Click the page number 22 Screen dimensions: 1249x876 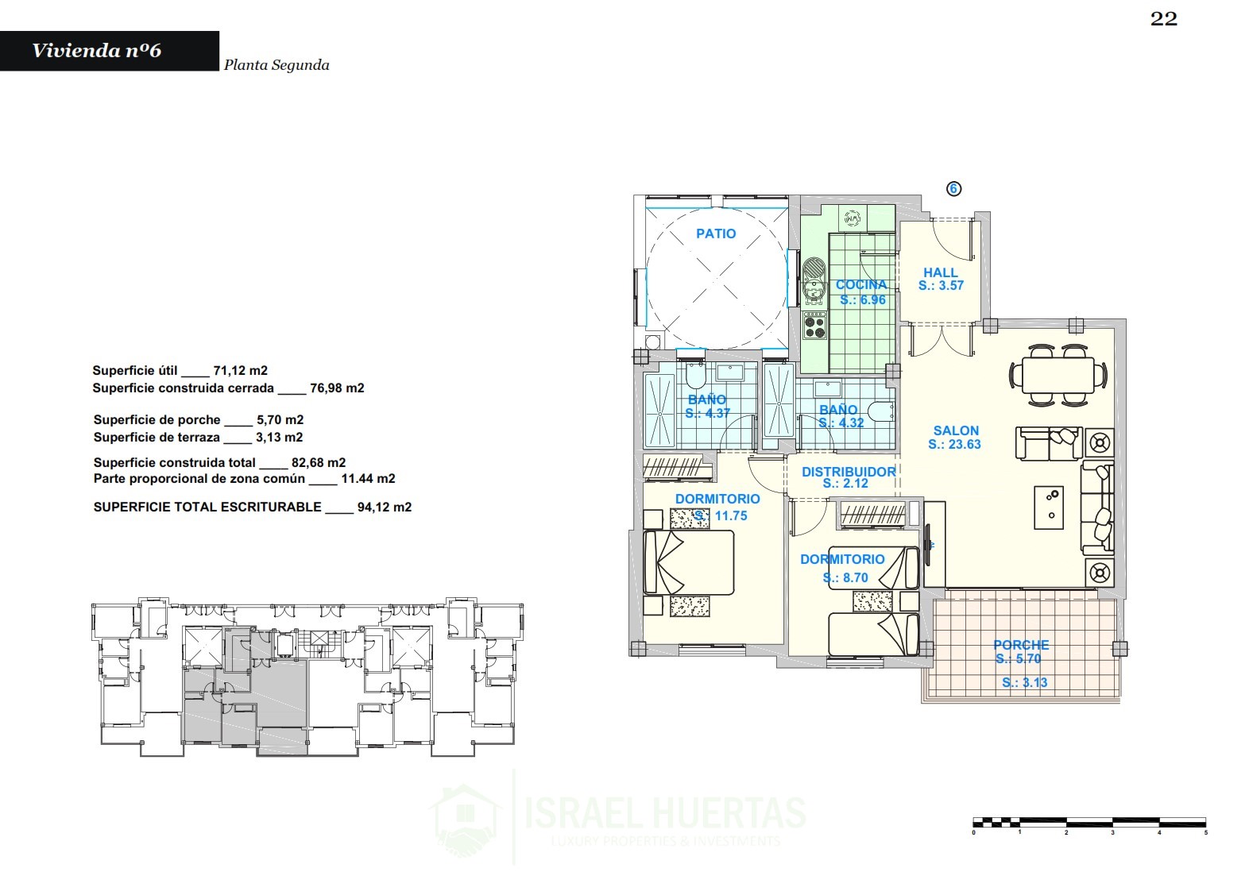tap(1164, 19)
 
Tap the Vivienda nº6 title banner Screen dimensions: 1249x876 tap(110, 51)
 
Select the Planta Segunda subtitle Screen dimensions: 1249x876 tap(276, 65)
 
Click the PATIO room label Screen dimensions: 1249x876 tap(716, 233)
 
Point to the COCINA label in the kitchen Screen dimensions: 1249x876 tap(861, 285)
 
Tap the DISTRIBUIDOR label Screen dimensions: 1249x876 tap(849, 472)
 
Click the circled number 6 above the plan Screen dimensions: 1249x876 tap(953, 189)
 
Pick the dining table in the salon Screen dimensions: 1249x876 tap(1058, 375)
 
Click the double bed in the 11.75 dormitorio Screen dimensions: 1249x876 tap(689, 562)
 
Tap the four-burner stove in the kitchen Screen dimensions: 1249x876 tap(814, 326)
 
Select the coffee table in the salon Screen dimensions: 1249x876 tap(1049, 507)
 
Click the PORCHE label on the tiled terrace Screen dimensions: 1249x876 tap(1021, 645)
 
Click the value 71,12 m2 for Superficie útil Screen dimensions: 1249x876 tap(240, 371)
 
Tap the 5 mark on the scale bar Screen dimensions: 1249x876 tap(1205, 832)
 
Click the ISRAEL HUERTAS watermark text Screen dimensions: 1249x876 tap(665, 812)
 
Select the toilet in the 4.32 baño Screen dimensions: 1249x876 tap(884, 411)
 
